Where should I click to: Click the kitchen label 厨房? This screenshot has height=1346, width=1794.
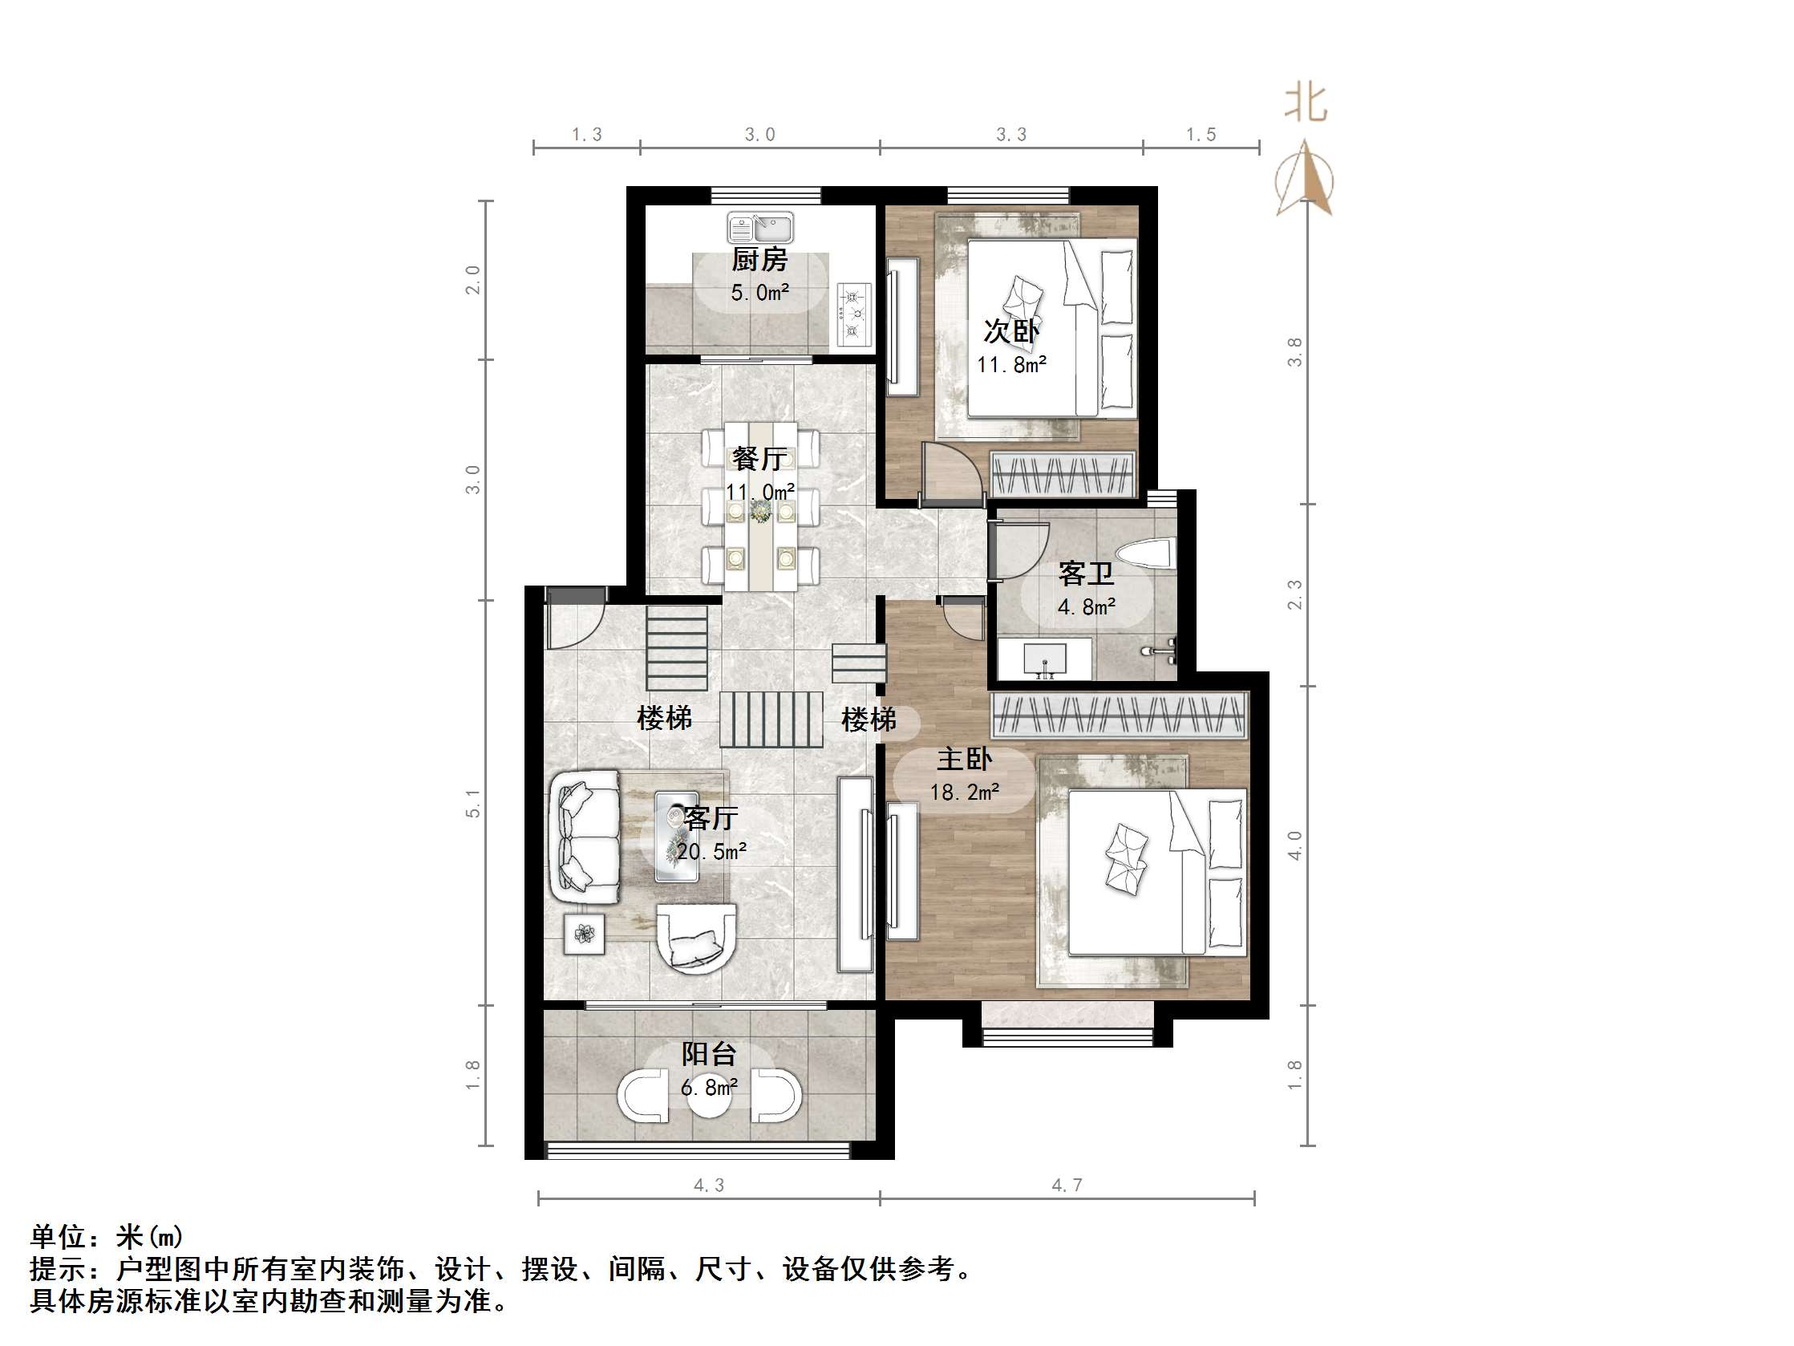click(x=759, y=261)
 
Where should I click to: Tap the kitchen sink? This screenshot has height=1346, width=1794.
click(x=760, y=227)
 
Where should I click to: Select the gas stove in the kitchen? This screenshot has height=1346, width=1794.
click(x=854, y=314)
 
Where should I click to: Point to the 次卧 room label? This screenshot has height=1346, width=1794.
click(x=1010, y=331)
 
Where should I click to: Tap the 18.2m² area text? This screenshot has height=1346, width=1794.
click(x=964, y=792)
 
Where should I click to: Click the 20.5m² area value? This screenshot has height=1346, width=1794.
click(x=711, y=851)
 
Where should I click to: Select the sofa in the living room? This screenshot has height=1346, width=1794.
click(x=584, y=836)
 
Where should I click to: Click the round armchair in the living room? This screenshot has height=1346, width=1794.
click(x=696, y=938)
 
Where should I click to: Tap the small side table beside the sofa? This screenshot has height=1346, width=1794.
click(x=584, y=934)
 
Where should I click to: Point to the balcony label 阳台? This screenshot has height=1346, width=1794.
click(x=709, y=1054)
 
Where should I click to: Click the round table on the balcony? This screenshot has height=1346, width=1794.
click(x=710, y=1095)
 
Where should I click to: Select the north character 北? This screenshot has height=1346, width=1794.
click(x=1305, y=103)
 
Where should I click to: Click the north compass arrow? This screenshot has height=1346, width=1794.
click(x=1304, y=179)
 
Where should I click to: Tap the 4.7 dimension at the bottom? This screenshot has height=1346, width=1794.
click(x=1067, y=1186)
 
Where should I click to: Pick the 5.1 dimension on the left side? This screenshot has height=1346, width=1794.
click(x=473, y=803)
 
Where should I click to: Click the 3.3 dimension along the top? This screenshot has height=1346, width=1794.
click(x=1011, y=135)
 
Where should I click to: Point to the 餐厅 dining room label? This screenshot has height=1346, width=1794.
click(x=759, y=459)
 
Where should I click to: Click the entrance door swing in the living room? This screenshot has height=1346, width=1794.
click(x=573, y=618)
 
